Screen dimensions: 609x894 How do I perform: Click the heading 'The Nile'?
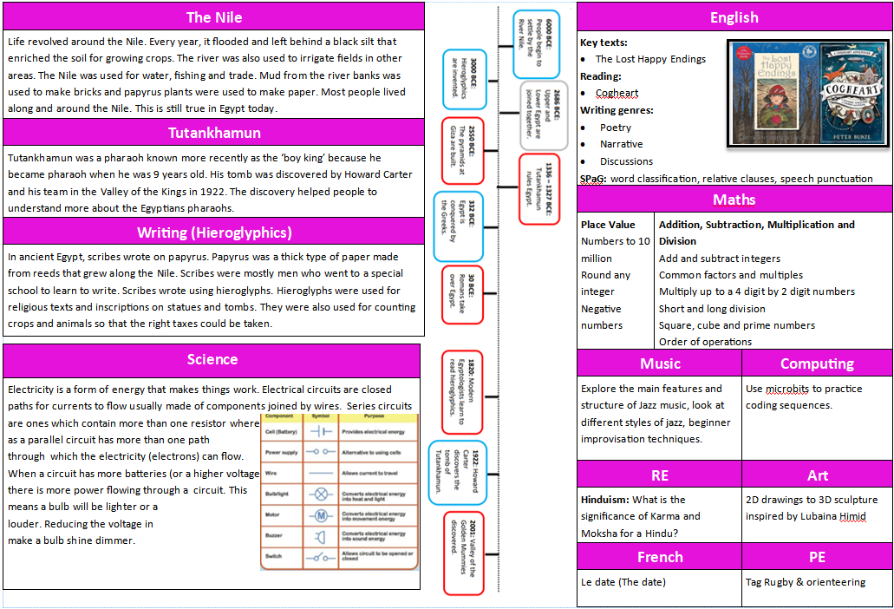(214, 17)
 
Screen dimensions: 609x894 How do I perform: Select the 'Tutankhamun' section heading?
(214, 133)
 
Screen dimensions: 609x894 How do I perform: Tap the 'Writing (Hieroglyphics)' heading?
(214, 232)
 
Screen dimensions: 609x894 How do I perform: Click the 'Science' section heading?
(212, 359)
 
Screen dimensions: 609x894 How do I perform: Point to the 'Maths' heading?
(734, 200)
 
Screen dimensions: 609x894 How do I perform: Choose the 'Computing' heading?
(817, 363)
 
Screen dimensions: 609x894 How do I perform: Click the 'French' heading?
(660, 557)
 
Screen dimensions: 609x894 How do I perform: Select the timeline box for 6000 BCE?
(535, 45)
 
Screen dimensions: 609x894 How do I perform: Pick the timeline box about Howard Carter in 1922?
(459, 473)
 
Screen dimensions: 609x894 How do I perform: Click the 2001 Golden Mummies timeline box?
(463, 553)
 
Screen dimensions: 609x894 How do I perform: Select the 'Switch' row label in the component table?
(274, 556)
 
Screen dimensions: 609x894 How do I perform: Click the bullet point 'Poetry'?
(616, 128)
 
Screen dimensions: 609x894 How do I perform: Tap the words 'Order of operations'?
(705, 342)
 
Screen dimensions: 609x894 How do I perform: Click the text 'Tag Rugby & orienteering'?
(805, 582)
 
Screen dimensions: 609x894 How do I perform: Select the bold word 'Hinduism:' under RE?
(605, 500)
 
